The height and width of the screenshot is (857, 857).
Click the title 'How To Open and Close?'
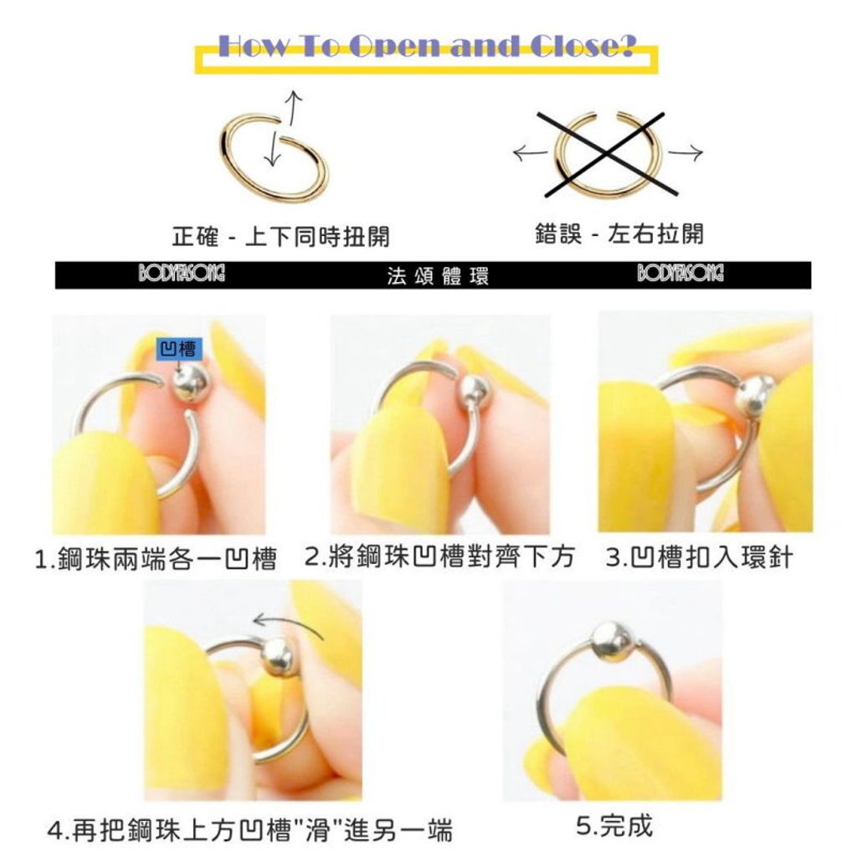click(x=426, y=46)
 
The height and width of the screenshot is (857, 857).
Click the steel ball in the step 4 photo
click(x=277, y=656)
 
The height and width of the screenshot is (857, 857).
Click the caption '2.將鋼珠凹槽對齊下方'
click(x=440, y=557)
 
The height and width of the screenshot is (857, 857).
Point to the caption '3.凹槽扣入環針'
click(x=699, y=557)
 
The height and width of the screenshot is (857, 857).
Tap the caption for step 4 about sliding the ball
click(x=249, y=831)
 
